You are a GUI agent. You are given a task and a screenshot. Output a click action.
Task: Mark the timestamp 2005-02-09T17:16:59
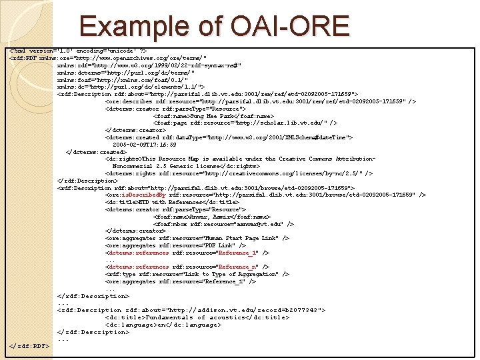pos(145,144)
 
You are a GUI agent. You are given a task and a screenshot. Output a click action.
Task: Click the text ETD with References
pos(160,202)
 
